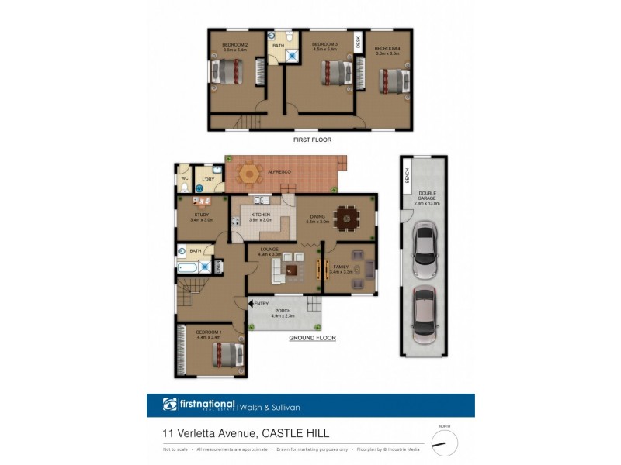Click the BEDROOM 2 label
[234, 45]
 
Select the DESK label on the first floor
[359, 44]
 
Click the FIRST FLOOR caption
[312, 139]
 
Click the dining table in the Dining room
[345, 219]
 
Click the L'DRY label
[208, 180]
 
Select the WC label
[185, 178]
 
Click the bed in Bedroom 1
[227, 355]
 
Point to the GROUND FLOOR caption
[312, 339]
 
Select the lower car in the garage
[425, 314]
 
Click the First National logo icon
[169, 405]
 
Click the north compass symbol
[444, 443]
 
